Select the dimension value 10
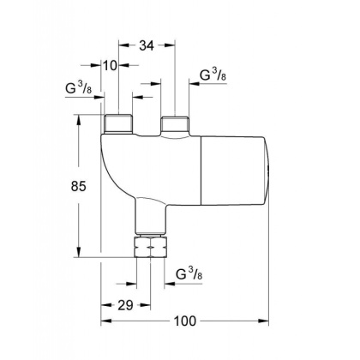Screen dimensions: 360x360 click(111, 65)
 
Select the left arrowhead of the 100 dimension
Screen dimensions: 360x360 click(104, 322)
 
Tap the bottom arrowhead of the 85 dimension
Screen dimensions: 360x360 click(84, 254)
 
